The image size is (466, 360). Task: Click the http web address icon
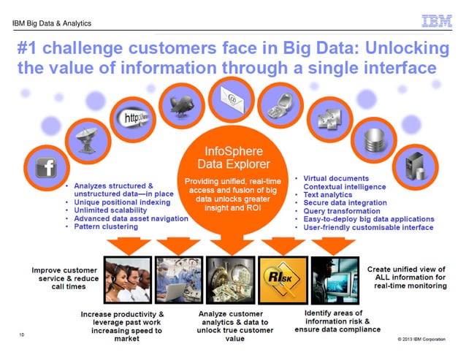(131, 116)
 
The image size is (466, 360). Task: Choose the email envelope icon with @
(231, 96)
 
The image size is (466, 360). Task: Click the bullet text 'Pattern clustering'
(106, 227)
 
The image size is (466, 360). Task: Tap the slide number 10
(23, 335)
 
